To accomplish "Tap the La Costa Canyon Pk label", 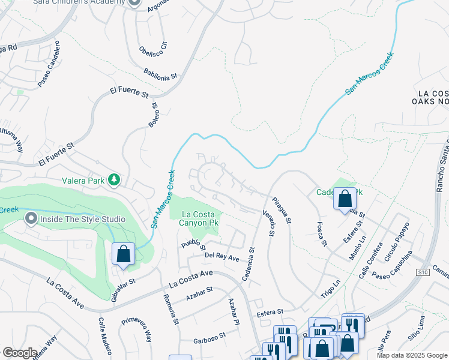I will coord(194,218).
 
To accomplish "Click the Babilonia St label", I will coord(161,74).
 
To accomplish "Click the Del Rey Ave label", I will coord(222,258).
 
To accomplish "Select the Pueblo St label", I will coord(194,246).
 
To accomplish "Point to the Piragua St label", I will coord(281,211).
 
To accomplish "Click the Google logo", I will coord(20,353).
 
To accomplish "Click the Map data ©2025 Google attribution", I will coord(411,355).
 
